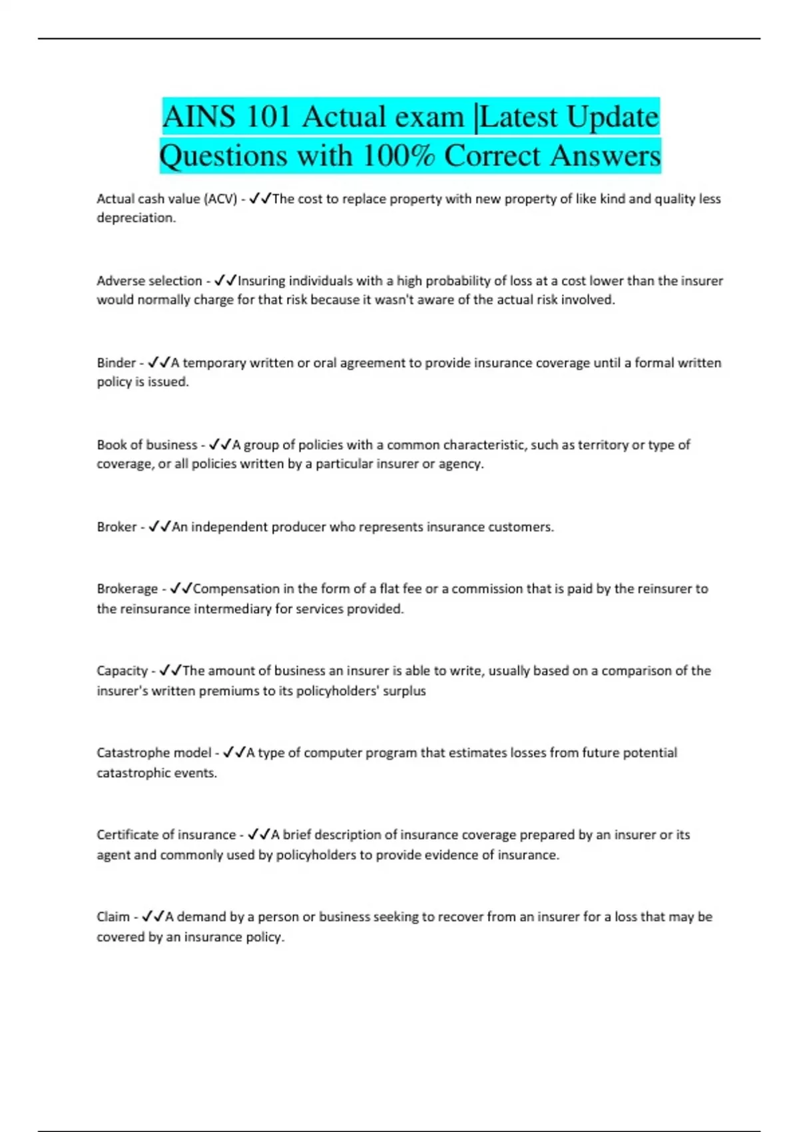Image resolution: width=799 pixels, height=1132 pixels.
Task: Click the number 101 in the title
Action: [268, 117]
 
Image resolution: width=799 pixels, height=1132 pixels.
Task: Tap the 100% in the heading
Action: [399, 156]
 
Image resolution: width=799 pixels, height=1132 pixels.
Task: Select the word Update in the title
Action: [613, 117]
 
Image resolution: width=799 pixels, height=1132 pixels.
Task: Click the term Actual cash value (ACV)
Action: [166, 198]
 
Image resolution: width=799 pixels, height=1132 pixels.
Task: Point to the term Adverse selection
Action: [149, 280]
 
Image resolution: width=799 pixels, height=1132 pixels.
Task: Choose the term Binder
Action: [116, 363]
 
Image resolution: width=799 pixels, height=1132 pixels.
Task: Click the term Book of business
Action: [146, 445]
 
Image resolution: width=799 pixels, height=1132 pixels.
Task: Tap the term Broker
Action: [116, 527]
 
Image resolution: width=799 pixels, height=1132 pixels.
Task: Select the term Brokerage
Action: [127, 589]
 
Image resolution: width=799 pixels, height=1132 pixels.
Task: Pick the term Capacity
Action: [122, 671]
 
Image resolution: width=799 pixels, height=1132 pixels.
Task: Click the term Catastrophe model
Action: [154, 752]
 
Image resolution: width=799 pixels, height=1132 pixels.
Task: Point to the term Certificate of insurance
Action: [166, 834]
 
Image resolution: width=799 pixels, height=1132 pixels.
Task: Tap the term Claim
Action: [113, 917]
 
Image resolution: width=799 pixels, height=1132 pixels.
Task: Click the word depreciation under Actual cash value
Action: [136, 218]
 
